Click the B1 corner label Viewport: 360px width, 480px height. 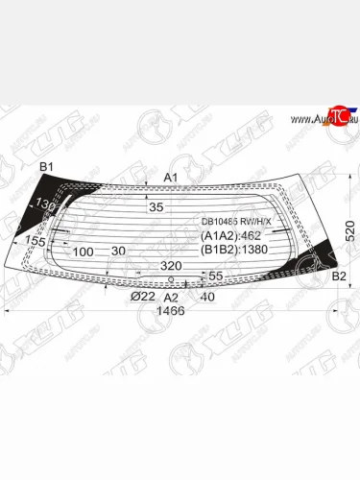tap(45, 169)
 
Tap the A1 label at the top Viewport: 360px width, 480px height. tap(171, 178)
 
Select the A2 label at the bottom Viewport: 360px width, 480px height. tap(171, 297)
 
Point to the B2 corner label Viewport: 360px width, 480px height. tap(338, 276)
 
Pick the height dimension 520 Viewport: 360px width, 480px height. tap(350, 229)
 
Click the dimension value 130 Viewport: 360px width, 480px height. tap(42, 203)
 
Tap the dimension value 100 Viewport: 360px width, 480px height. tap(83, 252)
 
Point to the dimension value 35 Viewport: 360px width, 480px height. tap(156, 206)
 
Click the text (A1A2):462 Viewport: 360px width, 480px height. tap(230, 235)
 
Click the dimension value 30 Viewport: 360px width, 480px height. tap(118, 252)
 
